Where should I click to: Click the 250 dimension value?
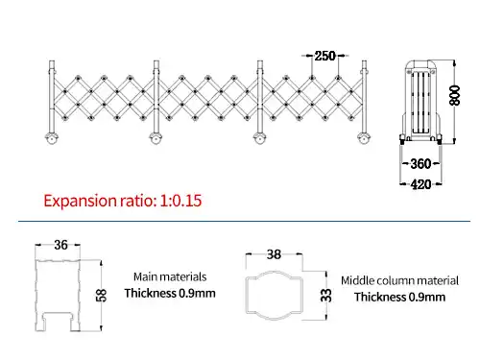[x=325, y=56]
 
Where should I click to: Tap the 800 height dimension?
[x=454, y=95]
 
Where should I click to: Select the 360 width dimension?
[x=420, y=164]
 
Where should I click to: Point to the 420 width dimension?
[x=420, y=184]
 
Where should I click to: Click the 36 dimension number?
[x=60, y=245]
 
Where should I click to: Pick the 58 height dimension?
[x=101, y=295]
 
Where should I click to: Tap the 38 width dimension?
[x=274, y=254]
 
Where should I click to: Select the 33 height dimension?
[x=326, y=295]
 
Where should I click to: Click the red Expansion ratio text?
[x=123, y=201]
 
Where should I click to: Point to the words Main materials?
[x=170, y=276]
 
